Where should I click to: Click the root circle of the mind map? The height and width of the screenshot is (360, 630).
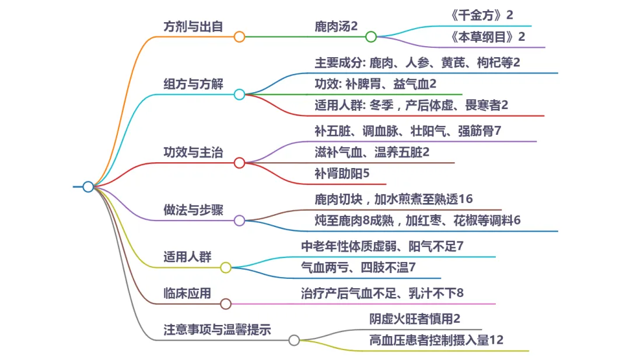(x=88, y=187)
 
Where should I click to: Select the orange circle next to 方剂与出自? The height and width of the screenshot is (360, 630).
(x=239, y=37)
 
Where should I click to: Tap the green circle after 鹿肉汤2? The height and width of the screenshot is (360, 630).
(x=371, y=37)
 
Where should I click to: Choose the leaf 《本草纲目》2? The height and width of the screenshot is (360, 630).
(x=488, y=37)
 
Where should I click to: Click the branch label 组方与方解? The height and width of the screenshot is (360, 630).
(x=193, y=83)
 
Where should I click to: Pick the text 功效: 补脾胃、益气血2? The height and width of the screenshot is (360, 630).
(x=376, y=84)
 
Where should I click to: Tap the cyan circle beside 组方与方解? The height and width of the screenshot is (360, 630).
(x=239, y=94)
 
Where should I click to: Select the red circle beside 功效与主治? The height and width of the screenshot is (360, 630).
(x=239, y=163)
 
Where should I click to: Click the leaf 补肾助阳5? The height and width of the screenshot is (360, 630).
(x=342, y=174)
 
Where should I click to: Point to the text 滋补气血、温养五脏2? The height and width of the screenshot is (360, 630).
(x=372, y=152)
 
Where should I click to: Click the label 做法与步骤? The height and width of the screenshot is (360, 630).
(x=193, y=210)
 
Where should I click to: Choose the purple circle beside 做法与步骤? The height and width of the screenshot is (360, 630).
(x=239, y=221)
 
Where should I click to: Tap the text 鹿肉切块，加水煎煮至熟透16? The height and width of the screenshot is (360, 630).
(x=394, y=199)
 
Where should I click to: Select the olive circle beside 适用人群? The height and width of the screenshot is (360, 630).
(x=226, y=268)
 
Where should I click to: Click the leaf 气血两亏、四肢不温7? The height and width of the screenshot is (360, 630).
(x=358, y=268)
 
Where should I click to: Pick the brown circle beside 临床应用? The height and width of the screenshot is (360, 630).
(x=226, y=303)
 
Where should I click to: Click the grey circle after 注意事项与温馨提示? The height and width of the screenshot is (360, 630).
(x=294, y=340)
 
